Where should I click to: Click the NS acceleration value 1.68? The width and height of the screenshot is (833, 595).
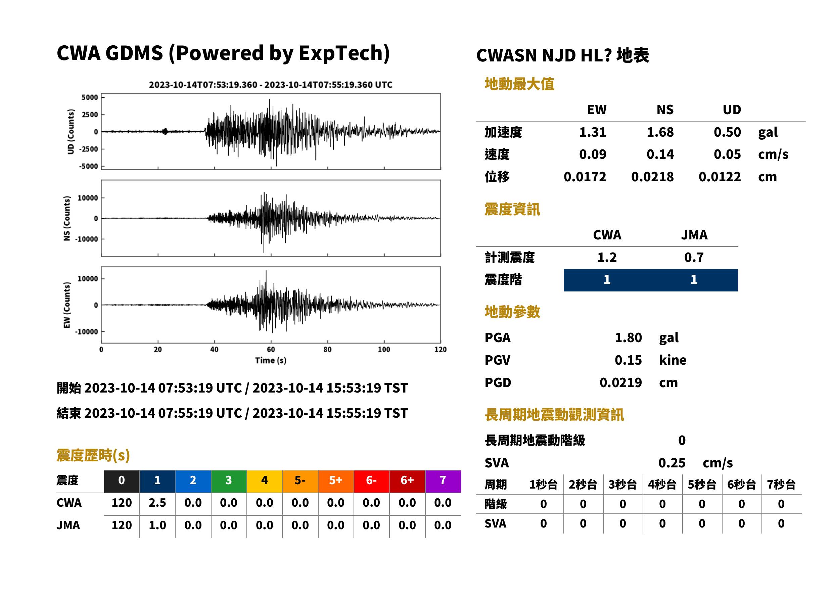(x=660, y=132)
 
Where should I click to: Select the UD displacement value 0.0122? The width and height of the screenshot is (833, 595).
(x=720, y=177)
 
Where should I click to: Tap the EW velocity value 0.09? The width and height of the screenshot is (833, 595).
(x=592, y=154)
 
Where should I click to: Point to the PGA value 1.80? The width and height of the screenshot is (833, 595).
(x=628, y=338)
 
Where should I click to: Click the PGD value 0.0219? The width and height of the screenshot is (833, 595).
(x=620, y=383)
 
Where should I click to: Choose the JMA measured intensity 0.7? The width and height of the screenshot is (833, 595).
(x=694, y=258)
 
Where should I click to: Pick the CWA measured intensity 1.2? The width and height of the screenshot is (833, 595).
(x=607, y=258)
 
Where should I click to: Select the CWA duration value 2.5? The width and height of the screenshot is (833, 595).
(x=157, y=503)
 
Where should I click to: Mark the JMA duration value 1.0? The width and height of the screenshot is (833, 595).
(x=157, y=525)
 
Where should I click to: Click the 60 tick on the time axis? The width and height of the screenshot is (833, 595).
(x=271, y=350)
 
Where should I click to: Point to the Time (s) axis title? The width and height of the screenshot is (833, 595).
(x=271, y=361)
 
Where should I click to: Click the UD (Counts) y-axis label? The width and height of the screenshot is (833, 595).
(x=71, y=132)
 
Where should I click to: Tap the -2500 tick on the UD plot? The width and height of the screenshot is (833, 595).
(x=89, y=149)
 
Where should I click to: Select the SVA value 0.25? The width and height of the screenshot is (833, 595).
(x=672, y=463)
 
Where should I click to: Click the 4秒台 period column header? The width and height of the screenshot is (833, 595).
(x=662, y=485)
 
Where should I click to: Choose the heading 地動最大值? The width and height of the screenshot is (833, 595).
(x=519, y=84)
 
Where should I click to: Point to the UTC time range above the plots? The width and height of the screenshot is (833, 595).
(x=271, y=85)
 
